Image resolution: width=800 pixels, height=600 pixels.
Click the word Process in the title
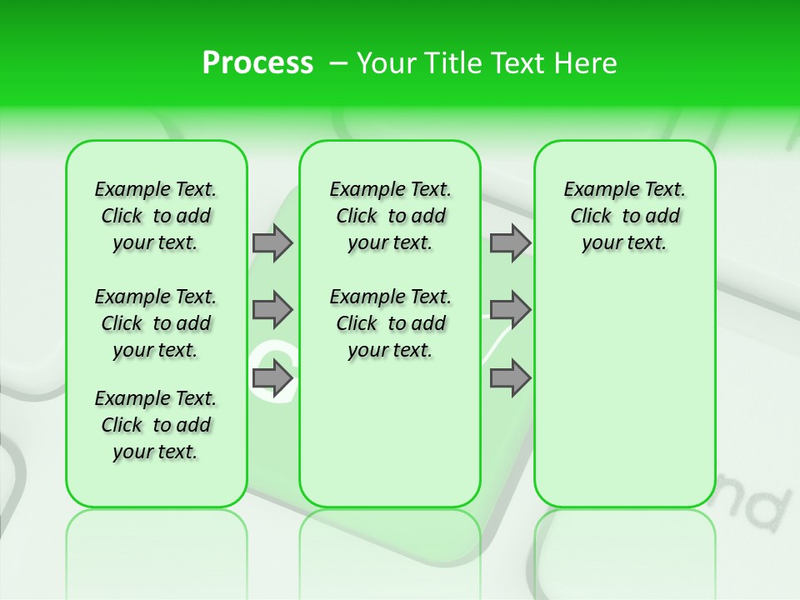click(257, 63)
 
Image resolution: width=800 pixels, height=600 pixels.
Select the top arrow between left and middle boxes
click(272, 243)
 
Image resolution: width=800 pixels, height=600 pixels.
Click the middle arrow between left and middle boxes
click(272, 310)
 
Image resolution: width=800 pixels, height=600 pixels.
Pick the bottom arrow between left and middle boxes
click(272, 379)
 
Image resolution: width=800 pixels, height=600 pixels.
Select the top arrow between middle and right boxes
click(510, 243)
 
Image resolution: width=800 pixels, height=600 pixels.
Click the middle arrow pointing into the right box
click(510, 310)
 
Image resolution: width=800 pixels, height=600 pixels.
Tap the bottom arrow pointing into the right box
click(510, 379)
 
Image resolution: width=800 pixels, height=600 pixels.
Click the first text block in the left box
click(156, 216)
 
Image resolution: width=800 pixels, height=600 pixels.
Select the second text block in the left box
click(156, 323)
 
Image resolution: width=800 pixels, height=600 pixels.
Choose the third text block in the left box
click(156, 425)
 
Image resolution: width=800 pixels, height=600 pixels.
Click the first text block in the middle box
click(390, 216)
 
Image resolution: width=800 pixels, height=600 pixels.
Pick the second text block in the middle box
click(390, 323)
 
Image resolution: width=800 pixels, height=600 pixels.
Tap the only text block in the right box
click(624, 216)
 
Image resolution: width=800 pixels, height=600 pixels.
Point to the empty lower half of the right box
click(624, 400)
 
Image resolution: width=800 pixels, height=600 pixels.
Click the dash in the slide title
click(337, 63)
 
